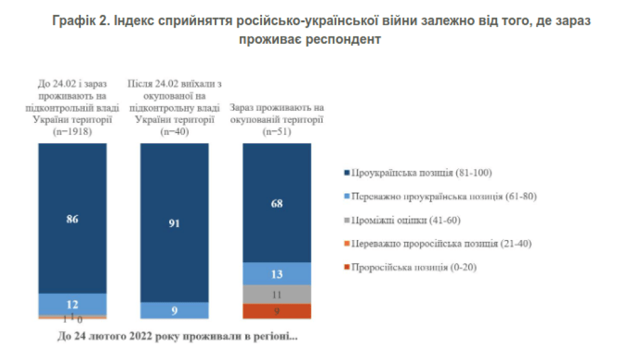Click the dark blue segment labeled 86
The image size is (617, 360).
pos(73,218)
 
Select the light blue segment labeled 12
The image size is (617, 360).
pos(73,304)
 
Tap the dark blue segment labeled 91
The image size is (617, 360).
pos(174,223)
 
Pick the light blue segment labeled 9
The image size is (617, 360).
pos(174,310)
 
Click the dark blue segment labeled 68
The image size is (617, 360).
pos(276,203)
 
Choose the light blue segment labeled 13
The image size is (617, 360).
pos(276,274)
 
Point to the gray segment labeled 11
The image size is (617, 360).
pos(276,294)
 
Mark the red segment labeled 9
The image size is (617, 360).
pos(276,311)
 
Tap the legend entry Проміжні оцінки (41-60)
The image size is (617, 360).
pos(408,220)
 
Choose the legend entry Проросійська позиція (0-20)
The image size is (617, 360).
pos(414,267)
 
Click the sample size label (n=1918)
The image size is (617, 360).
pos(73,133)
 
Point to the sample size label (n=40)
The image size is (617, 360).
pos(174,133)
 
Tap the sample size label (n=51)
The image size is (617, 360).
pos(276,133)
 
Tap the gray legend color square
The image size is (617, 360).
pos(347,220)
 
